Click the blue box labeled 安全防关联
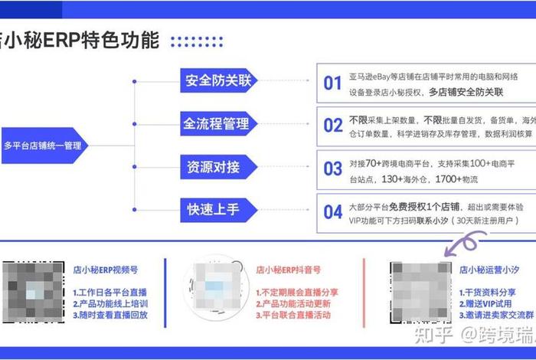click(x=218, y=81)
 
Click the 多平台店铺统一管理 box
click(x=44, y=145)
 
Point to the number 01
click(x=332, y=83)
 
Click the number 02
click(x=332, y=126)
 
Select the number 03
click(x=332, y=169)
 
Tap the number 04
click(x=332, y=211)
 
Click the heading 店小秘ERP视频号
click(x=110, y=270)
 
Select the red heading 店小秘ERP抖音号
click(x=288, y=270)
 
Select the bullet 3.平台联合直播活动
click(x=295, y=315)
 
